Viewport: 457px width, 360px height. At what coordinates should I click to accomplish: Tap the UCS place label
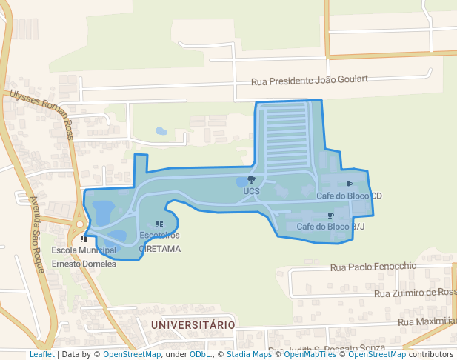pos(251,191)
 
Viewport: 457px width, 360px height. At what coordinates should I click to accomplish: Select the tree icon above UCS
pos(251,180)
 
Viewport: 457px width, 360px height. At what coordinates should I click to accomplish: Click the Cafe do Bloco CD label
pos(349,196)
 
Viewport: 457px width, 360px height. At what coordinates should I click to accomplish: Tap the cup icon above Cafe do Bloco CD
pos(349,184)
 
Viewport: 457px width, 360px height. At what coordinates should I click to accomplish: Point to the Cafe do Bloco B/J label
pos(330,227)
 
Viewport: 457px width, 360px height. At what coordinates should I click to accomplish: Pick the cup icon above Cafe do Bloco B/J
pos(330,216)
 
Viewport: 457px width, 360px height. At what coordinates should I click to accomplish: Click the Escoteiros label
pos(159,236)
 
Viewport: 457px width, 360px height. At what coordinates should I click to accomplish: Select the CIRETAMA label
pos(159,249)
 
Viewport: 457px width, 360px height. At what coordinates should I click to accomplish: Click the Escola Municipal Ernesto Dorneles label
pos(84,257)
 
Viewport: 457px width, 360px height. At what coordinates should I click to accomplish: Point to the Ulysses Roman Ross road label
pos(42,115)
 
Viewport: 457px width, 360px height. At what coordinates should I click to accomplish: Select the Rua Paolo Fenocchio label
pos(373,267)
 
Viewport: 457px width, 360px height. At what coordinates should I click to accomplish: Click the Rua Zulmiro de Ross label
pos(415,293)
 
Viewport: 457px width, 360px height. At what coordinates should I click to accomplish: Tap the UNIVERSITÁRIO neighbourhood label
pos(193,325)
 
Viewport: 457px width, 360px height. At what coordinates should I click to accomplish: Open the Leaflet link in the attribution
pos(41,354)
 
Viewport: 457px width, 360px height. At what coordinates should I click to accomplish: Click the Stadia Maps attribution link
pos(249,354)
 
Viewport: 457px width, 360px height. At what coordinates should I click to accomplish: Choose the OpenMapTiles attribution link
pos(310,354)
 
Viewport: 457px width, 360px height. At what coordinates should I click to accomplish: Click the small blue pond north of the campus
pos(161,131)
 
